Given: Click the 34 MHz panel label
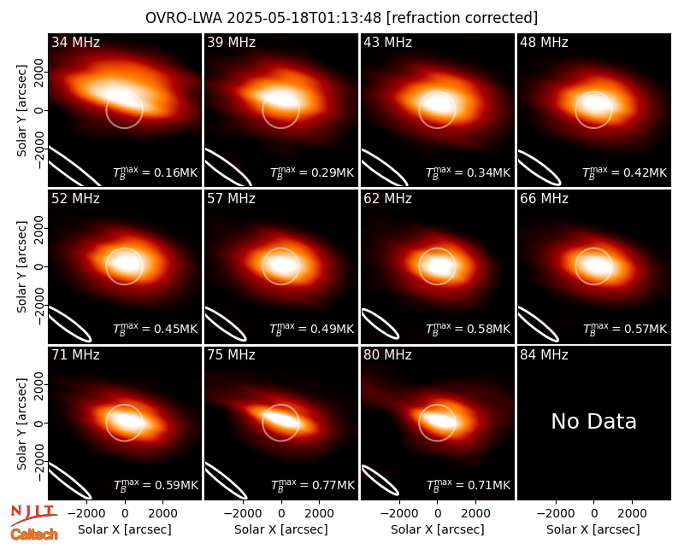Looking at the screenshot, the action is (75, 42).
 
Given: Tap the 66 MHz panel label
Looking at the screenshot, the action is (544, 199).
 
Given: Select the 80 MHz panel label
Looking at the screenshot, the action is (387, 355).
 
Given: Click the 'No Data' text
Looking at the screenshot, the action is (593, 421).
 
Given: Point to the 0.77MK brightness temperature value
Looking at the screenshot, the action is (333, 485).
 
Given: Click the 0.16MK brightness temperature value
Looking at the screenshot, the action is (176, 173).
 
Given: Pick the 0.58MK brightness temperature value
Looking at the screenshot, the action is (488, 329).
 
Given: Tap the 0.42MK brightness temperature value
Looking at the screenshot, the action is (646, 173).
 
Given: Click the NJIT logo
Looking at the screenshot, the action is (33, 514).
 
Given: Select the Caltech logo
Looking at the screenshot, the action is (34, 535).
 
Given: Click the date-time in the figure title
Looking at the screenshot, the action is (304, 18).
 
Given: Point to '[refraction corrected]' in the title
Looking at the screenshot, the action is (462, 18).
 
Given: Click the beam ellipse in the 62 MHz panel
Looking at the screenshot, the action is (380, 324).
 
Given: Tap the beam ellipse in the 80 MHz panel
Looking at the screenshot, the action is (380, 481).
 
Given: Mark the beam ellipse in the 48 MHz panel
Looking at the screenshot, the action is (540, 167).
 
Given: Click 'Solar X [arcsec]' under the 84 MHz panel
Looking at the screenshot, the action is (593, 529).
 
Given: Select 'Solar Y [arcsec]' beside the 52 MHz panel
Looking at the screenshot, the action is (22, 266).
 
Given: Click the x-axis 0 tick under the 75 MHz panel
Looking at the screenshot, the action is (281, 514).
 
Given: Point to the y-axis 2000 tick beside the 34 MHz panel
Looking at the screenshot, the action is (38, 73).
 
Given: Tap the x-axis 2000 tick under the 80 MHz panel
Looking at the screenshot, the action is (475, 514).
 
